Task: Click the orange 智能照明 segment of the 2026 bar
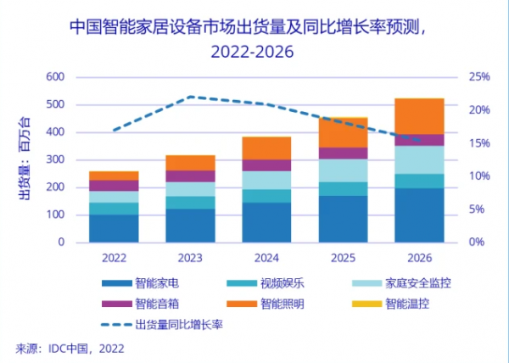coord(419,116)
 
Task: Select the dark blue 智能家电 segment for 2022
coord(114,228)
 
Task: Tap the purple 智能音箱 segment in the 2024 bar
coord(266,165)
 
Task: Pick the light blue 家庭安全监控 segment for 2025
coord(343,170)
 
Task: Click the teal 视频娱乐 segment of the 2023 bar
coord(190,203)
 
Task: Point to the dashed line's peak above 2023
coord(191,97)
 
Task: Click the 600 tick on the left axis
coord(55,77)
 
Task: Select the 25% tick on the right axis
coord(479,77)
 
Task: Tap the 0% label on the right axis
coord(477,242)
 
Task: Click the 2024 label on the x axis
coord(266,258)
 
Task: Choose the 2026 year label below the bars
coord(420,258)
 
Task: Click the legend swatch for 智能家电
coord(117,283)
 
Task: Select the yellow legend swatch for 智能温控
coord(366,304)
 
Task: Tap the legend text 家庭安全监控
coord(418,283)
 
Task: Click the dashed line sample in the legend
coord(116,324)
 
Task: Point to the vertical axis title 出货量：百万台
coord(25,159)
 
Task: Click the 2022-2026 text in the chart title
coord(252,52)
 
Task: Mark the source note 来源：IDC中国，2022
coord(70,349)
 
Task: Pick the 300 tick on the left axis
coord(55,159)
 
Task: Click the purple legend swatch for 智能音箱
coord(117,304)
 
